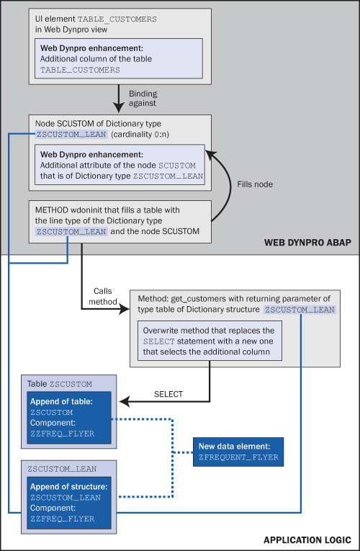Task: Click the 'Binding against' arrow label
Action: coord(143,99)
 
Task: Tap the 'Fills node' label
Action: coord(255,184)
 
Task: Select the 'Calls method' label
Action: coord(102,296)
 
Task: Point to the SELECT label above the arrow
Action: coord(168,394)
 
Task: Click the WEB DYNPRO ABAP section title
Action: coord(307,243)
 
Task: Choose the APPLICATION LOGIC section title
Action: coord(307,539)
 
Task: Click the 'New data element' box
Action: coord(238,452)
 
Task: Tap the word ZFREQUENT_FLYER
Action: coord(238,457)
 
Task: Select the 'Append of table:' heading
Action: coord(61,402)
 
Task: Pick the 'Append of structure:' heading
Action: coord(69,487)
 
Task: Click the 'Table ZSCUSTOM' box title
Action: coord(60,384)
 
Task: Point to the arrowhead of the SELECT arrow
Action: coord(125,402)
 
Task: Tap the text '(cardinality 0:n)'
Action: coord(140,134)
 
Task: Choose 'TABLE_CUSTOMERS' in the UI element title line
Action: coord(117,19)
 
